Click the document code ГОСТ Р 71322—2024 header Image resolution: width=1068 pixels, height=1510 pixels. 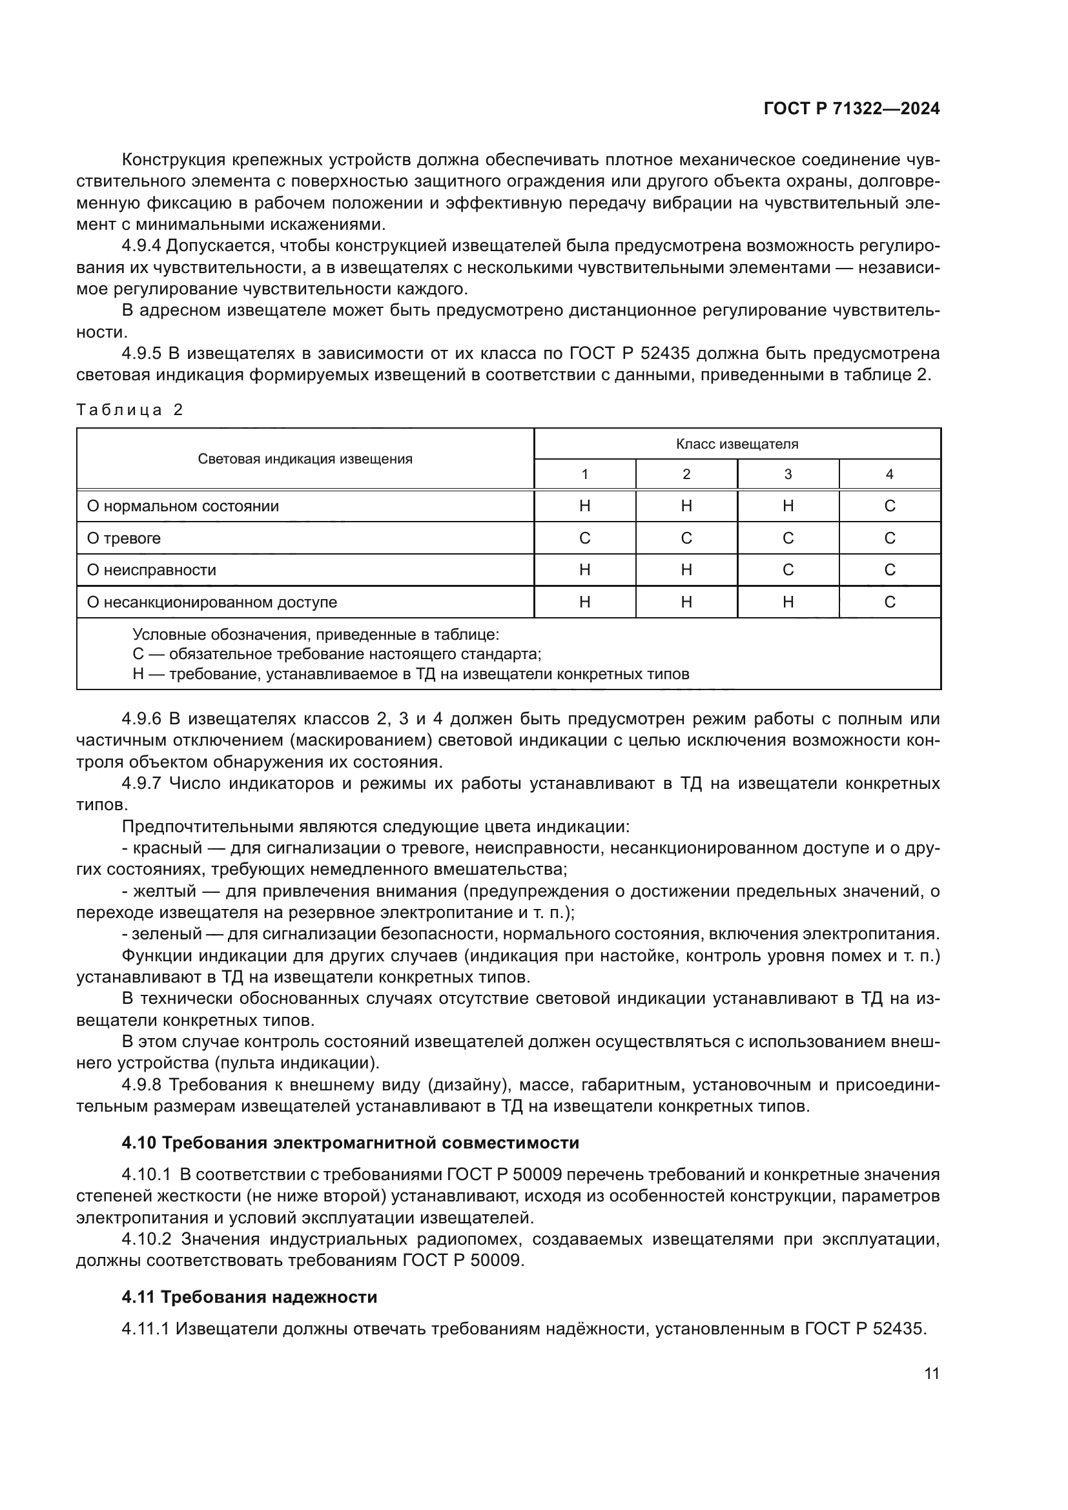tap(851, 109)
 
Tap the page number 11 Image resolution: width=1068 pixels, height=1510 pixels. tap(931, 1374)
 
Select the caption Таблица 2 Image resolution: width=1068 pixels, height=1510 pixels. tap(130, 411)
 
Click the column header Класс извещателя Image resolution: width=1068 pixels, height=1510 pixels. tap(737, 444)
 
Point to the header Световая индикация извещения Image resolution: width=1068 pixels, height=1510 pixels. tap(305, 459)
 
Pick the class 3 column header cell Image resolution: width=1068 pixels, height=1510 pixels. tap(788, 474)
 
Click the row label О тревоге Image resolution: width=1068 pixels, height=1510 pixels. tap(123, 538)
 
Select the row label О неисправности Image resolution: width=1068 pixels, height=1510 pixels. tap(151, 570)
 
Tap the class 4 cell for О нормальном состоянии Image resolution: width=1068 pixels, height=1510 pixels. tap(889, 506)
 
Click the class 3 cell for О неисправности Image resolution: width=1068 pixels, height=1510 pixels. tap(788, 570)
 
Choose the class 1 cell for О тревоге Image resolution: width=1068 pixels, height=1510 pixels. tap(584, 538)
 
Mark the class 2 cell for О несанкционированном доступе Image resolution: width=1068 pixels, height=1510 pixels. tap(686, 602)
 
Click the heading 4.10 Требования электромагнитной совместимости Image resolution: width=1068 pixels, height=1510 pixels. tap(350, 1143)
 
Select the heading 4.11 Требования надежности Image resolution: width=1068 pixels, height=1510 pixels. tap(249, 1297)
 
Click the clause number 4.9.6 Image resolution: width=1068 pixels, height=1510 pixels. tap(141, 719)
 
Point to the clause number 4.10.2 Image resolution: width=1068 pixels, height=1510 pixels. tap(146, 1239)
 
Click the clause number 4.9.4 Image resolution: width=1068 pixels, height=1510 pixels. tap(141, 246)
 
